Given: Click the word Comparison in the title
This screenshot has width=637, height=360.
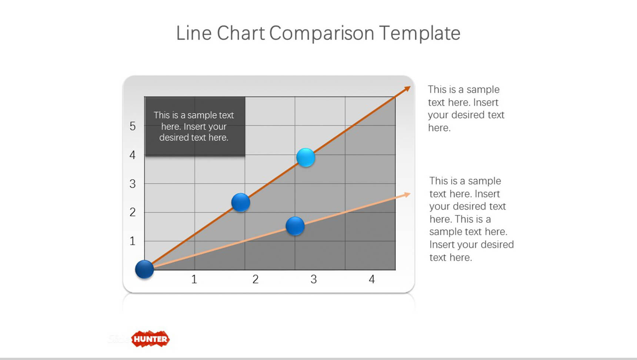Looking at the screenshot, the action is pyautogui.click(x=321, y=34).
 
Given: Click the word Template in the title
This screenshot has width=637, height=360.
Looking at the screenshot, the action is pyautogui.click(x=420, y=34).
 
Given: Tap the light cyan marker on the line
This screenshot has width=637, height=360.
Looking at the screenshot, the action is pyautogui.click(x=306, y=157).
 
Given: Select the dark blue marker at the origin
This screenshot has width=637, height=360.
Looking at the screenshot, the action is pyautogui.click(x=144, y=269).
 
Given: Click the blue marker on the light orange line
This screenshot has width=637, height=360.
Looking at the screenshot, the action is pyautogui.click(x=295, y=226).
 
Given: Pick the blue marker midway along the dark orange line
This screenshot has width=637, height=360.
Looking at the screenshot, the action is pyautogui.click(x=241, y=203).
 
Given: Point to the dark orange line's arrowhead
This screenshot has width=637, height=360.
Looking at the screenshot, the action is pyautogui.click(x=407, y=89).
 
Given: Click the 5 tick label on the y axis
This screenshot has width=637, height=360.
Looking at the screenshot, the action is pyautogui.click(x=133, y=126).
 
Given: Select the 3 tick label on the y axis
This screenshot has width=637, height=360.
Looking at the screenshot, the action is pyautogui.click(x=133, y=184).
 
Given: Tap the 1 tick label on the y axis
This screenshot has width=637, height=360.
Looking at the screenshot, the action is pyautogui.click(x=133, y=241).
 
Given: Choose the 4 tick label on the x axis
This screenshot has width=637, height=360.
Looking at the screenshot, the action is pyautogui.click(x=372, y=279).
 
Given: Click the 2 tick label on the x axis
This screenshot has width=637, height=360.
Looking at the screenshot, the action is pyautogui.click(x=256, y=279).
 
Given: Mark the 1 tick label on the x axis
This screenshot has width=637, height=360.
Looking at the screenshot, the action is pyautogui.click(x=194, y=279).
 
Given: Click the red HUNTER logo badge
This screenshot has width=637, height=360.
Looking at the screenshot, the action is pyautogui.click(x=150, y=339).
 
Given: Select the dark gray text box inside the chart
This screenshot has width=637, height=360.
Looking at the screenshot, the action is pyautogui.click(x=195, y=126).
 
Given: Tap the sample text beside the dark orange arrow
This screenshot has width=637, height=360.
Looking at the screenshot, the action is pyautogui.click(x=466, y=108).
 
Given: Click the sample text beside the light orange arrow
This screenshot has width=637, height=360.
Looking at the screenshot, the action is pyautogui.click(x=471, y=219).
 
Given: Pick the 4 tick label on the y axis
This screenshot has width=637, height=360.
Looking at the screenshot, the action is pyautogui.click(x=133, y=155).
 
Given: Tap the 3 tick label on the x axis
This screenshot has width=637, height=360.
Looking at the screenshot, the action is pyautogui.click(x=314, y=279).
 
